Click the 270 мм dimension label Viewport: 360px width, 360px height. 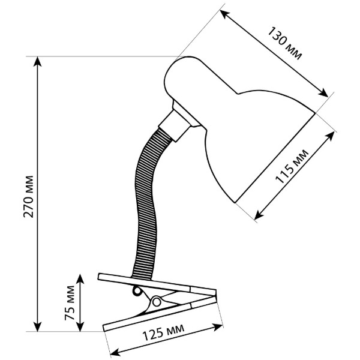(29, 196)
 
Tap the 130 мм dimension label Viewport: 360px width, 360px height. (284, 44)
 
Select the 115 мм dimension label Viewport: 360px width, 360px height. (292, 166)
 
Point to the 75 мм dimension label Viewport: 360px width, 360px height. (70, 302)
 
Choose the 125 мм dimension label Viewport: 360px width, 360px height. (163, 332)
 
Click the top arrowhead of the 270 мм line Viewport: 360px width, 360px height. (37, 61)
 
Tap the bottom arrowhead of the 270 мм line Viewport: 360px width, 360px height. (37, 327)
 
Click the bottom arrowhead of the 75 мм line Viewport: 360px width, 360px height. (80, 327)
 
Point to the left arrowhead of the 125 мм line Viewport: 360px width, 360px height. (115, 352)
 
